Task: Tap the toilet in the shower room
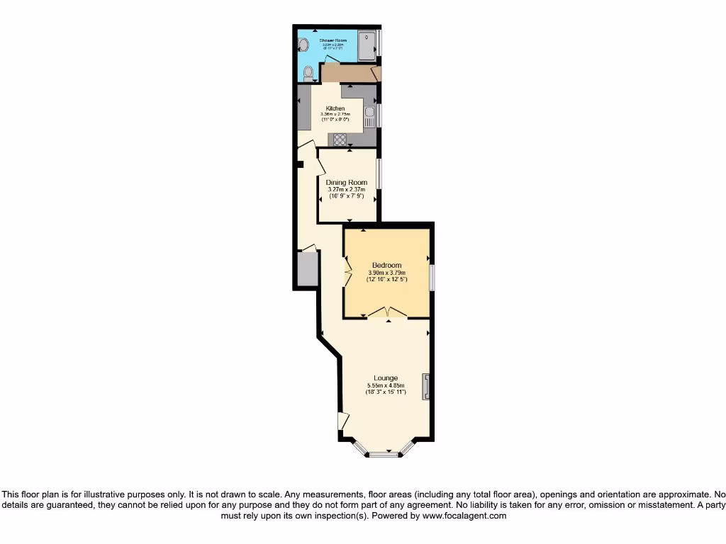(308, 73)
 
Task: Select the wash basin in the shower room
(303, 46)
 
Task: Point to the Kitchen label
(335, 108)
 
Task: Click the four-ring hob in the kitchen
(340, 140)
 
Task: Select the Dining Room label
(347, 183)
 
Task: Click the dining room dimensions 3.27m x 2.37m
(347, 189)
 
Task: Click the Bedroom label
(386, 266)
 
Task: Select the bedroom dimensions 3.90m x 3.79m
(386, 273)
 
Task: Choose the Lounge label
(386, 378)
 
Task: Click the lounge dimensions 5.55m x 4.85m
(386, 385)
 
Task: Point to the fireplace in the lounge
(426, 387)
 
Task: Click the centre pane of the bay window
(387, 453)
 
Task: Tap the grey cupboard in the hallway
(307, 269)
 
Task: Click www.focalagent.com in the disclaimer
(464, 516)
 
